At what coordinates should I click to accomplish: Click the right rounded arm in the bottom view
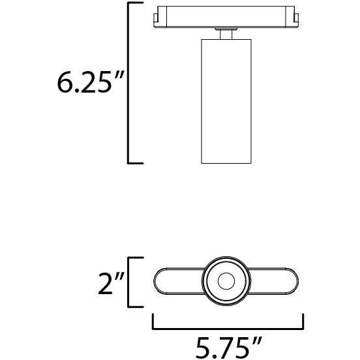[277, 282]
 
